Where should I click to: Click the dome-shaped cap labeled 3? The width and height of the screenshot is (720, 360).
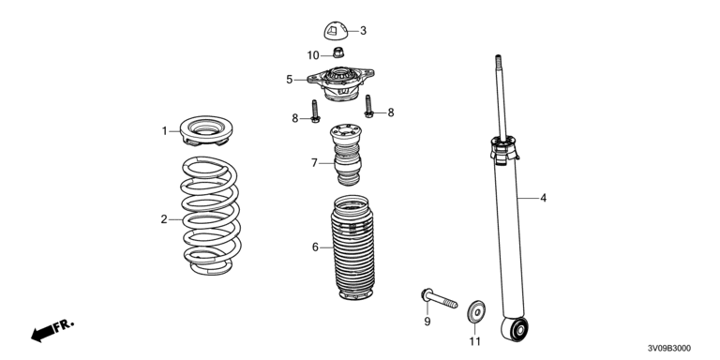[x=336, y=31]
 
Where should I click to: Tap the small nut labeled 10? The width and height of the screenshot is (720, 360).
[x=338, y=52]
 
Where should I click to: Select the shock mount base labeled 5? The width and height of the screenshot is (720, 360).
[x=340, y=83]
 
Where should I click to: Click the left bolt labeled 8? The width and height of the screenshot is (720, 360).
[x=315, y=112]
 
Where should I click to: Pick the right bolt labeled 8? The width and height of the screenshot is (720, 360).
[x=368, y=106]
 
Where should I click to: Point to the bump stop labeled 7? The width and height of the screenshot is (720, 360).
[x=346, y=155]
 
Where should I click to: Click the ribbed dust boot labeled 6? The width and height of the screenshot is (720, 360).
[x=352, y=247]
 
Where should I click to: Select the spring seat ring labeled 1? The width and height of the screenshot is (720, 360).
[x=206, y=131]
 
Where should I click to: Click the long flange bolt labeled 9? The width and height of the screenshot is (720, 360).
[x=439, y=298]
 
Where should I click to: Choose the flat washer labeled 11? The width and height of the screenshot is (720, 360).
[x=476, y=312]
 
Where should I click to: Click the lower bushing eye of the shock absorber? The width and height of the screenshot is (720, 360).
[x=515, y=329]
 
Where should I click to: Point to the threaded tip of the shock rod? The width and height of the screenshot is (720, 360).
[x=497, y=61]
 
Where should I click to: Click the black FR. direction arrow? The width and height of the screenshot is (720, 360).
[x=42, y=334]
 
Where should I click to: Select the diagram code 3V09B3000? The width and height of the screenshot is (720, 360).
[x=669, y=349]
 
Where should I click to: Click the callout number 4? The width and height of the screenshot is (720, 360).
[x=543, y=199]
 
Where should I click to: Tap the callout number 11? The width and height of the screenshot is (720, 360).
[x=474, y=341]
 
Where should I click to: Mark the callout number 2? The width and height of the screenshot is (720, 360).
[x=164, y=219]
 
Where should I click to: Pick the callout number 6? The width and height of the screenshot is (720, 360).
[x=315, y=247]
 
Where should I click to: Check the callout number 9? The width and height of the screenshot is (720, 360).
[x=427, y=322]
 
